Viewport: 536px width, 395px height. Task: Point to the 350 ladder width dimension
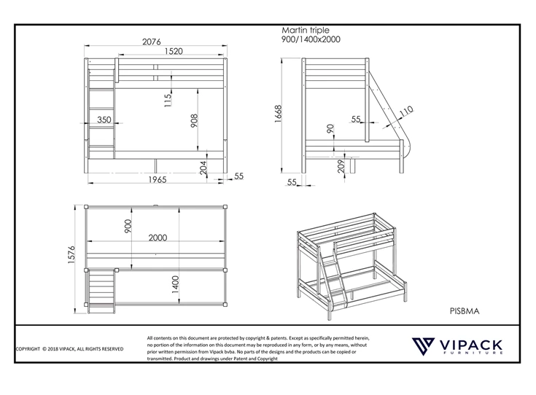(104, 120)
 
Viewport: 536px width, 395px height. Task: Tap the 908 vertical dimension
(195, 120)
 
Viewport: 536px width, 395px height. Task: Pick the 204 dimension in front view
(204, 167)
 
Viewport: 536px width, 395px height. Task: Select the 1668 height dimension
(279, 114)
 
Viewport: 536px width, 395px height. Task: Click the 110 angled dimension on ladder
(405, 110)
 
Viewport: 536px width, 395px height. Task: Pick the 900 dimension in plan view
(128, 227)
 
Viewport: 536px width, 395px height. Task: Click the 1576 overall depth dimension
(72, 257)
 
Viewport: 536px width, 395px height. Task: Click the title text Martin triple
(306, 31)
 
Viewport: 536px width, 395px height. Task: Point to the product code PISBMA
(464, 310)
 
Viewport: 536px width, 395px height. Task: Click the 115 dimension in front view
(168, 98)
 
